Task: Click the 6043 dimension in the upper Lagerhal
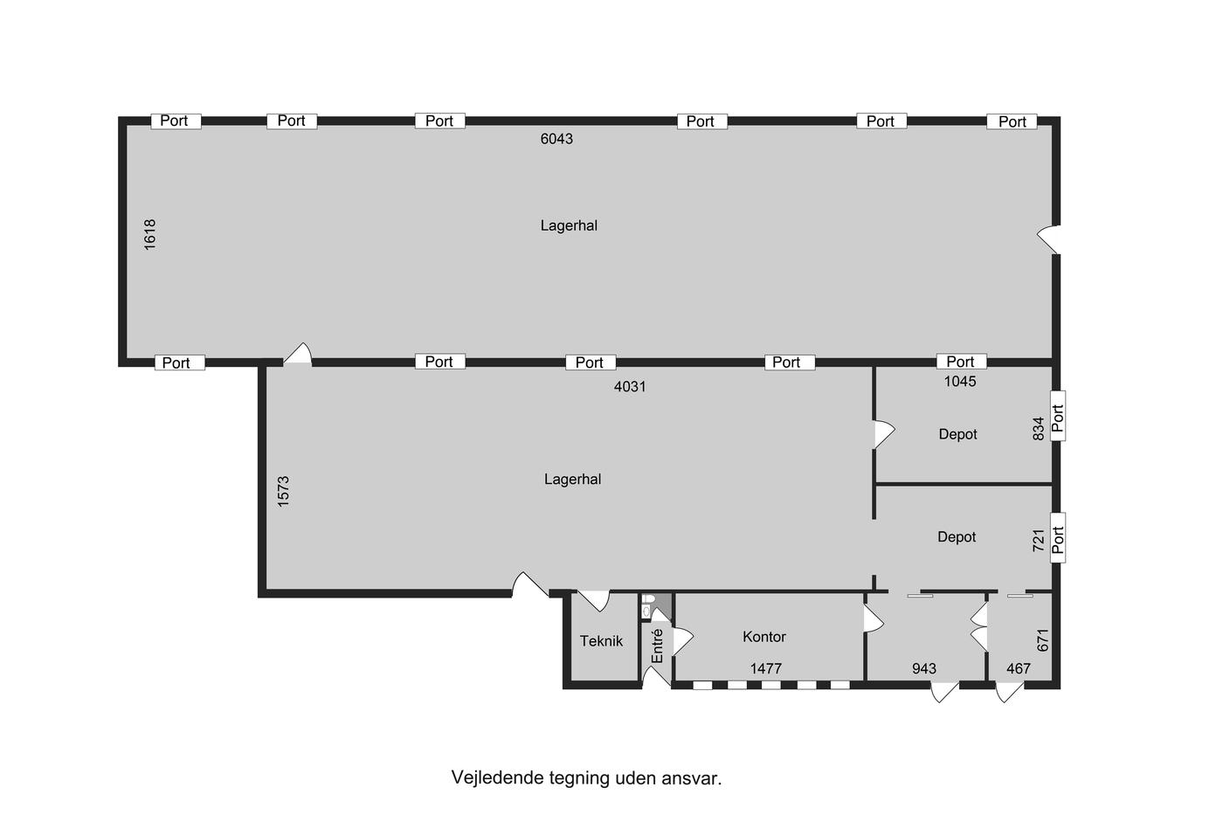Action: [x=556, y=139]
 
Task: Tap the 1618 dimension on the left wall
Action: [x=149, y=235]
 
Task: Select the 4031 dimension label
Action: [x=630, y=386]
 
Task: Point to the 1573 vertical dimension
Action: [x=283, y=491]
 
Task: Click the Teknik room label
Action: [x=601, y=641]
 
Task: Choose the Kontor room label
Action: [x=764, y=637]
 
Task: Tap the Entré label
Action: [x=657, y=646]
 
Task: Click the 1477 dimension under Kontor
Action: [x=766, y=669]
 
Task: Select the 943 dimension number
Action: [x=924, y=669]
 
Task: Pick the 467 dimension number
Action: [x=1019, y=669]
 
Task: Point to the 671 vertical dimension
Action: [x=1043, y=640]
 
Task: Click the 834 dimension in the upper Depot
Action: [x=1039, y=429]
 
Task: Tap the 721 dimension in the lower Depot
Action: [x=1039, y=541]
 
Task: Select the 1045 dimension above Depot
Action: [x=960, y=381]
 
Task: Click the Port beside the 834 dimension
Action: [x=1058, y=416]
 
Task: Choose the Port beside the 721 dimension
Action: [x=1058, y=538]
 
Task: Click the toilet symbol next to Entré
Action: [x=647, y=606]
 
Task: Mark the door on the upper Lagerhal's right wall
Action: [x=1049, y=239]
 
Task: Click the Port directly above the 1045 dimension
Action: [x=962, y=362]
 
